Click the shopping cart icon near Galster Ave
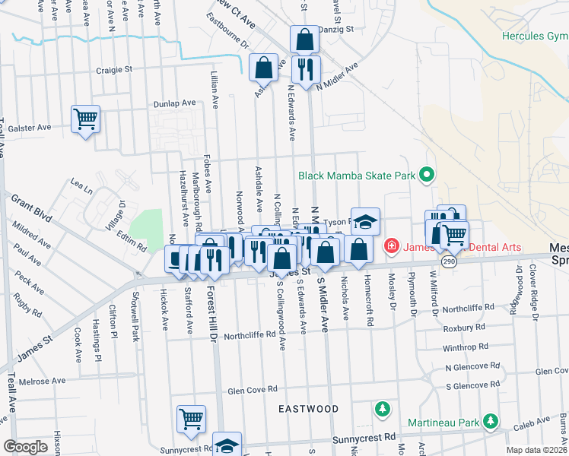[x=85, y=119]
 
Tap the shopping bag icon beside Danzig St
[x=304, y=39]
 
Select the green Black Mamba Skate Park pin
[x=427, y=176]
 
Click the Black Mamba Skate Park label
[x=356, y=176]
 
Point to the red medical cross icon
[x=391, y=245]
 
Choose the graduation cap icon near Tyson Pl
[x=365, y=221]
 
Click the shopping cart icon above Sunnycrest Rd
[x=191, y=419]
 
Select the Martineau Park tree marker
[x=491, y=421]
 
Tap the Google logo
[x=25, y=447]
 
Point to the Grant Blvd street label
[x=31, y=207]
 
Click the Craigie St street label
[x=114, y=70]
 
